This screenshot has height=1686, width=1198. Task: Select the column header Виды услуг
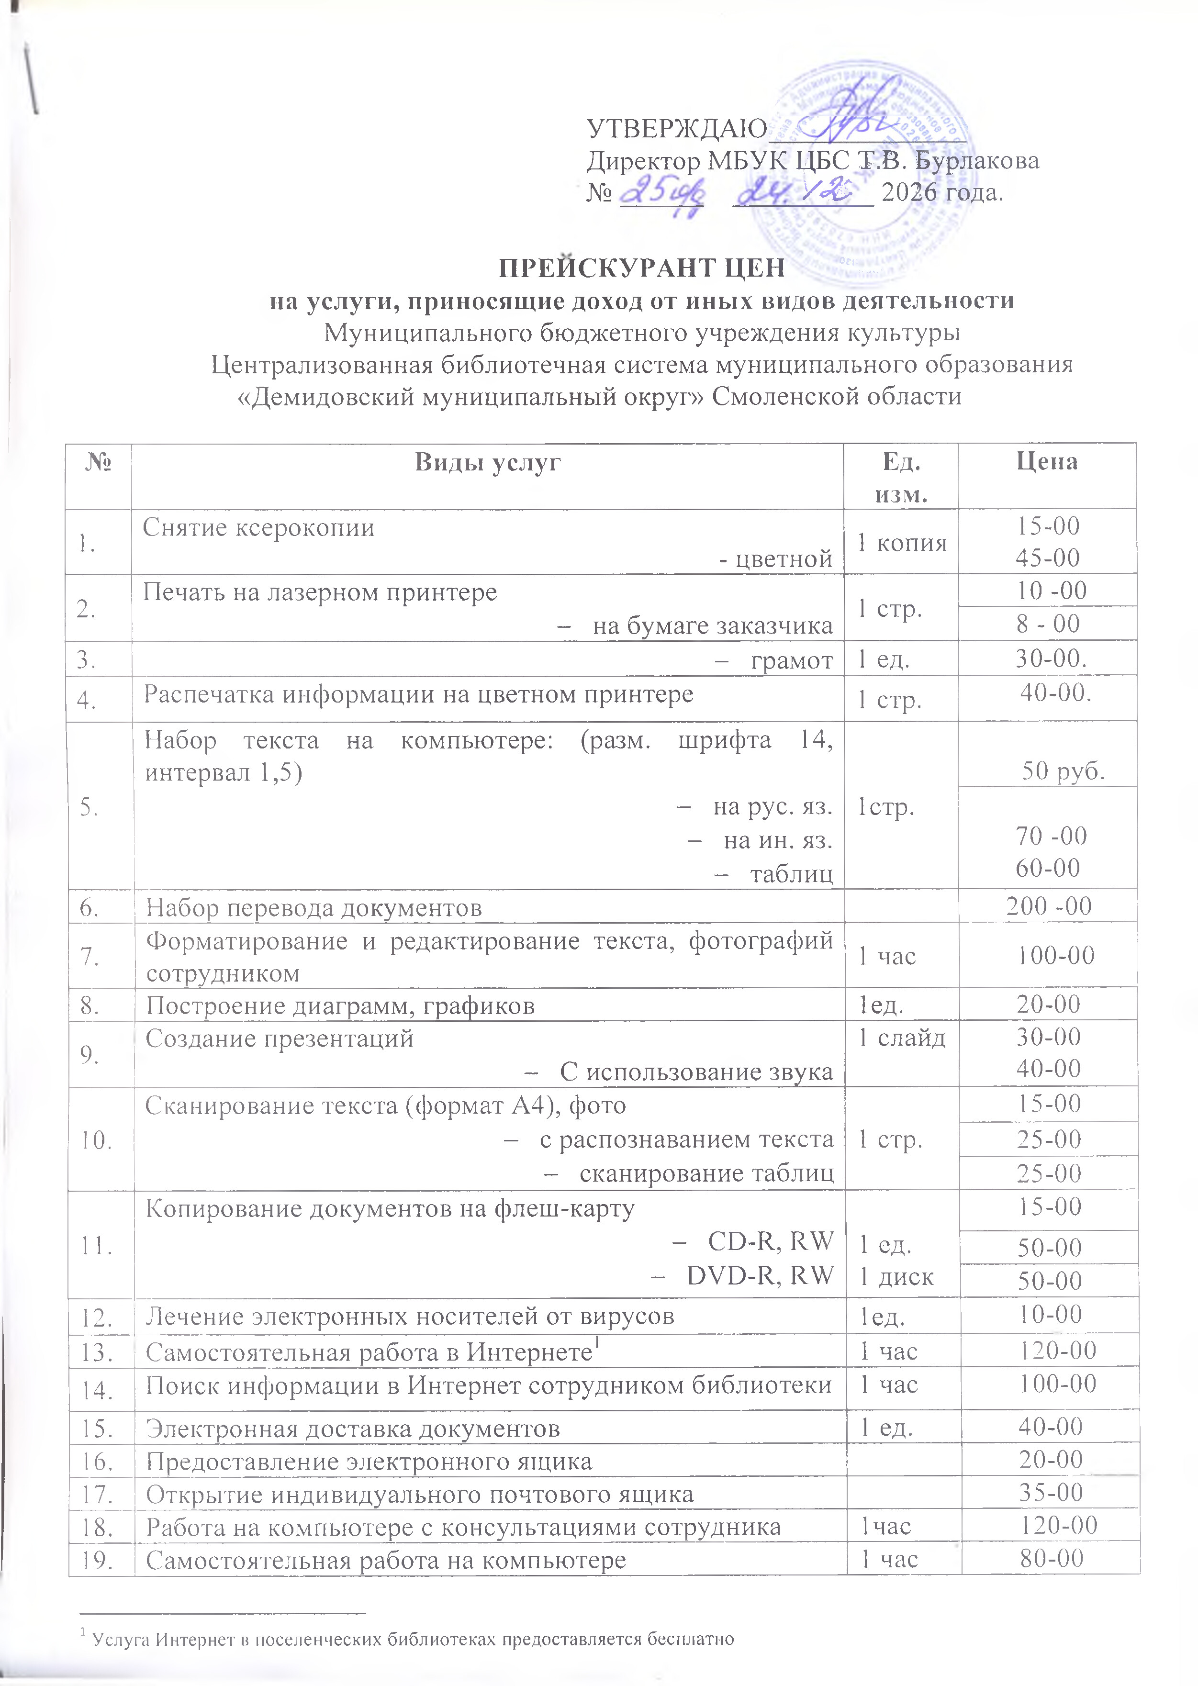pyautogui.click(x=488, y=462)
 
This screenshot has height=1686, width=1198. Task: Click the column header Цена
pyautogui.click(x=1046, y=462)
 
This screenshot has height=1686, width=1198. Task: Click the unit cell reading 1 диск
pyautogui.click(x=896, y=1277)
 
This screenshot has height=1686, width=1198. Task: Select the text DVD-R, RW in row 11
pyautogui.click(x=760, y=1275)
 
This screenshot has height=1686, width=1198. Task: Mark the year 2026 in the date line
pyautogui.click(x=909, y=192)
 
